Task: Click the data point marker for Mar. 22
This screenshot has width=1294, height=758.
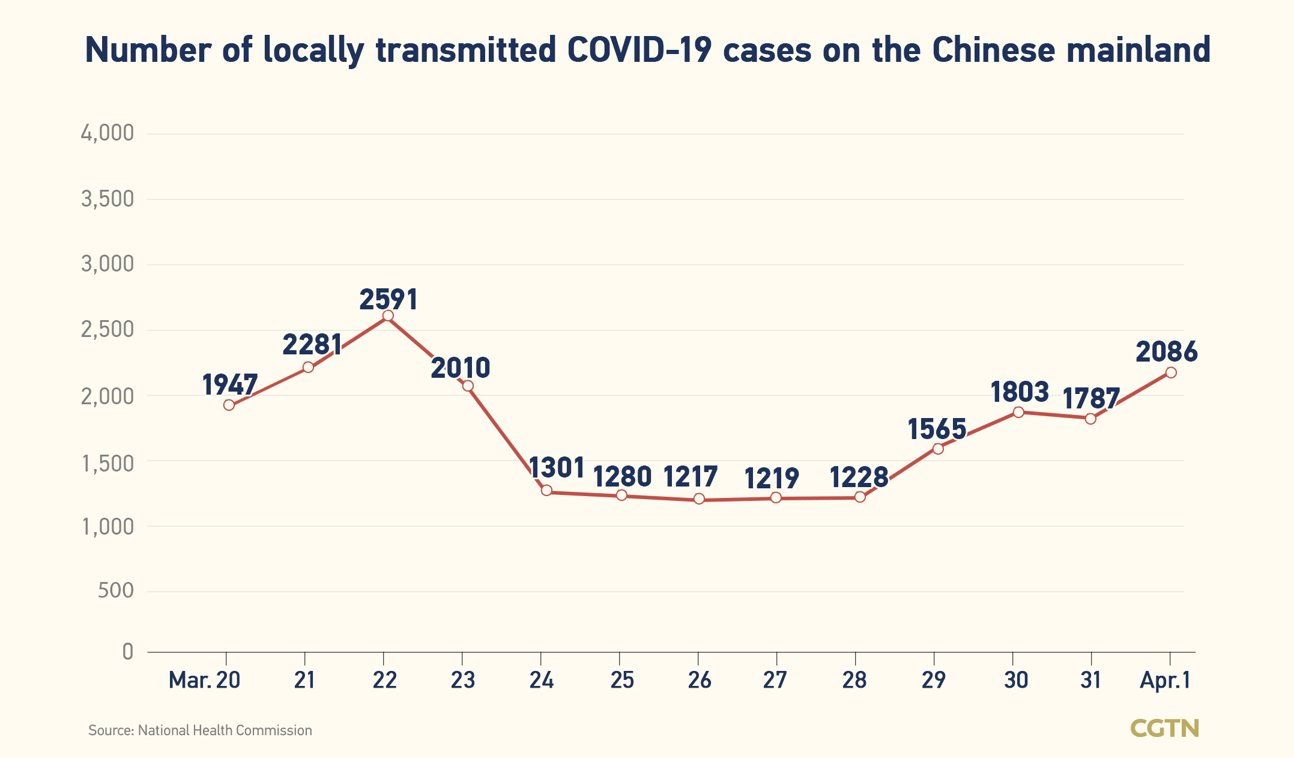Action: [388, 316]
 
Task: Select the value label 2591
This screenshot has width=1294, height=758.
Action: [389, 300]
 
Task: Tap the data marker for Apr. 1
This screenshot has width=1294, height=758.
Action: [1170, 372]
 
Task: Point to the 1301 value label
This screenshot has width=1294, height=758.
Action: [557, 468]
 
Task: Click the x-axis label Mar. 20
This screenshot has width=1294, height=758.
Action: [204, 680]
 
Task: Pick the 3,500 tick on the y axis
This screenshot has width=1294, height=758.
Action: [107, 199]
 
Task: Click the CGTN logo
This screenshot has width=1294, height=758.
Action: [1164, 729]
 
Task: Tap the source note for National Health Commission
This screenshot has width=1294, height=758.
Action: [200, 730]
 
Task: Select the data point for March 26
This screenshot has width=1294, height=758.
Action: [699, 499]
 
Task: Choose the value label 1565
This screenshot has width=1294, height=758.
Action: [937, 429]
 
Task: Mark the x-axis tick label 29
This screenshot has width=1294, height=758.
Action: [933, 680]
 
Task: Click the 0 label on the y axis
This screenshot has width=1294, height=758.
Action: [127, 652]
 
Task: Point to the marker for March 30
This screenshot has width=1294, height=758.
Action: [1018, 412]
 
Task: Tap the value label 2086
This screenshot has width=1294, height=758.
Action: [1166, 352]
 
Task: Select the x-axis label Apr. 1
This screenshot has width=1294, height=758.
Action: [1165, 680]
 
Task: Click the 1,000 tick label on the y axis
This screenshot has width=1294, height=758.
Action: [107, 526]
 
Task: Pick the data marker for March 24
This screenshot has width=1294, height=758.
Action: [546, 491]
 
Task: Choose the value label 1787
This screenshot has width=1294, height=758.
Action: [1091, 399]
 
